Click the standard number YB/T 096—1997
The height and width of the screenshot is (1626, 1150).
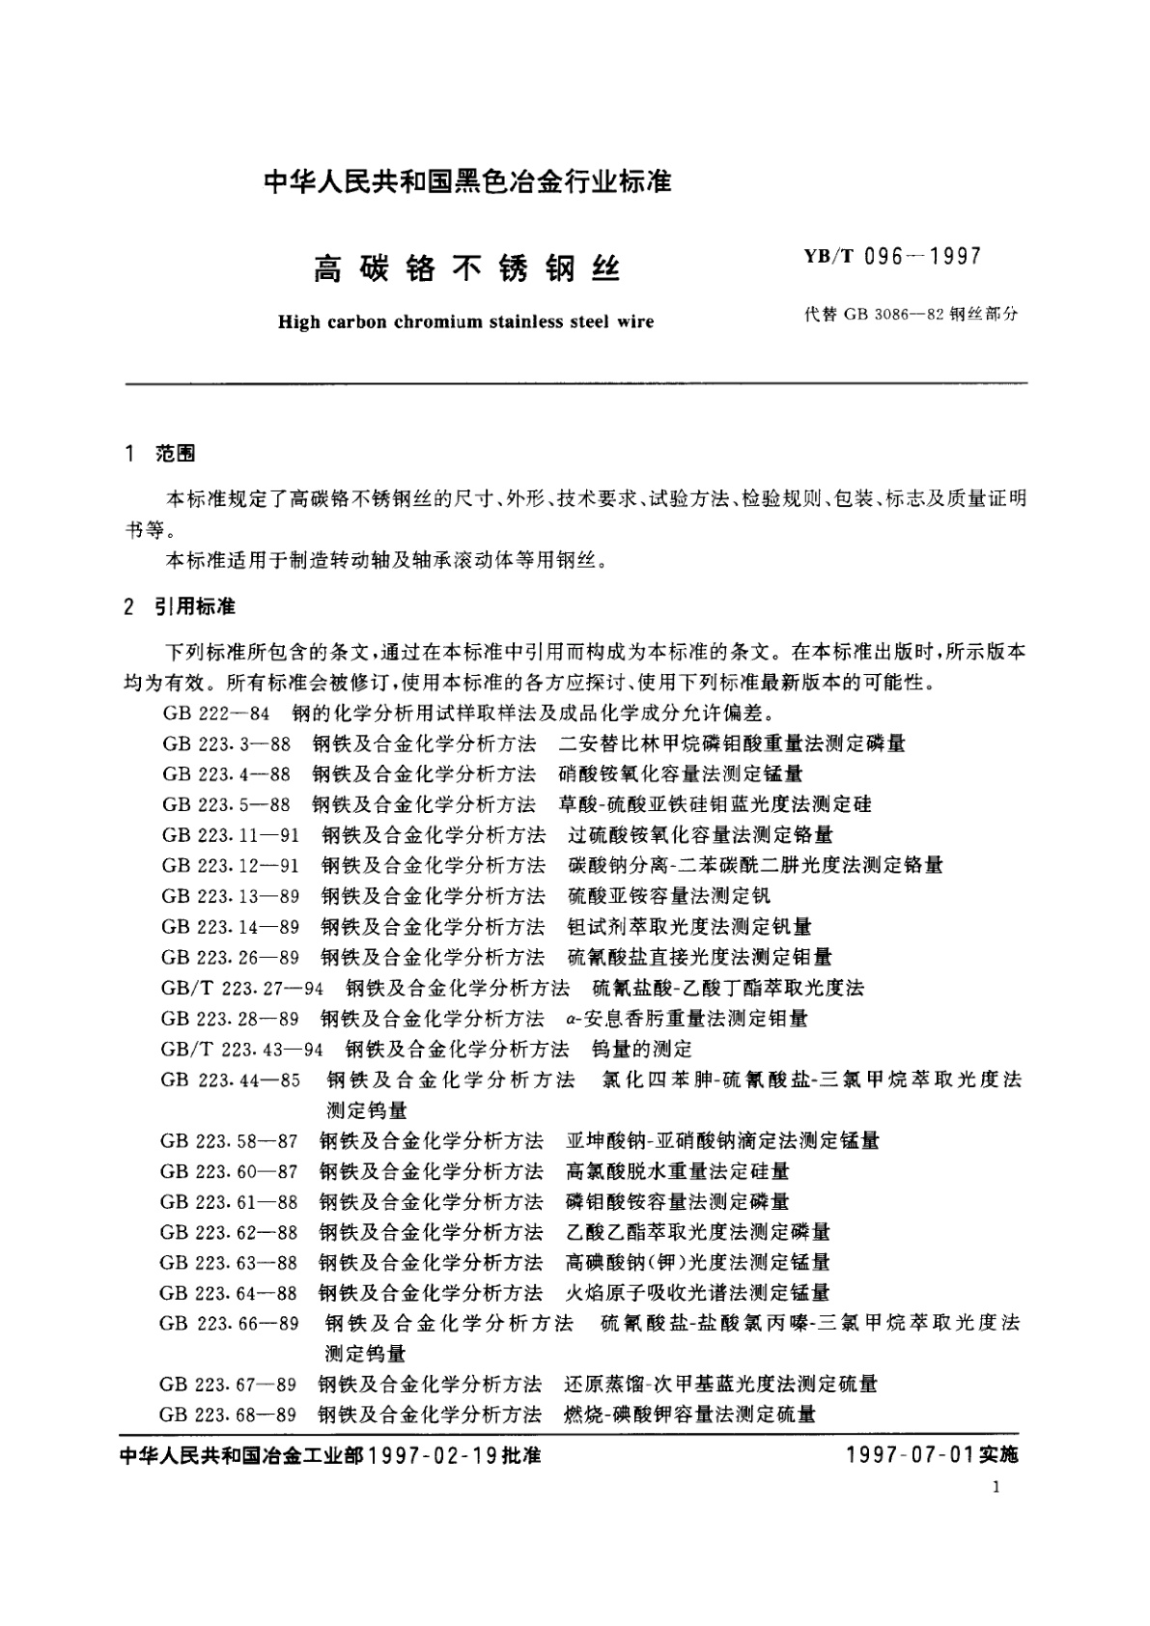pyautogui.click(x=885, y=257)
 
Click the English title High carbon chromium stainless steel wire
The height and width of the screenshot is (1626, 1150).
pyautogui.click(x=465, y=322)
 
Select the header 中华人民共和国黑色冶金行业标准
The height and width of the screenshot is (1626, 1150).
pyautogui.click(x=467, y=181)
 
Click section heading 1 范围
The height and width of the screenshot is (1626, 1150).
pyautogui.click(x=160, y=454)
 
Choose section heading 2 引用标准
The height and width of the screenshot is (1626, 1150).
pyautogui.click(x=181, y=607)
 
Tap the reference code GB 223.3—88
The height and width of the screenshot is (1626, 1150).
pyautogui.click(x=226, y=743)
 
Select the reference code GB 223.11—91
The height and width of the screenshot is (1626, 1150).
pyautogui.click(x=231, y=835)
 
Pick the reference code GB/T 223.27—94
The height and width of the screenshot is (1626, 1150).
pyautogui.click(x=242, y=988)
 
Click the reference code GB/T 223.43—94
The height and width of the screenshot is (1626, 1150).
pyautogui.click(x=242, y=1049)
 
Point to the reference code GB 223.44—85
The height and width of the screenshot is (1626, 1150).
pyautogui.click(x=231, y=1079)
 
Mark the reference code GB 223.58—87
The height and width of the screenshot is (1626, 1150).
pyautogui.click(x=230, y=1141)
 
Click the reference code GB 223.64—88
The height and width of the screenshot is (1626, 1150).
pyautogui.click(x=230, y=1293)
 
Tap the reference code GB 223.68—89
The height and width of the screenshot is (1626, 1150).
pyautogui.click(x=229, y=1415)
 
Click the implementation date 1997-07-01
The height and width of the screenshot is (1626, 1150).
pyautogui.click(x=907, y=1455)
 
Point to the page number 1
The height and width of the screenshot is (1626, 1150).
pyautogui.click(x=996, y=1488)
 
